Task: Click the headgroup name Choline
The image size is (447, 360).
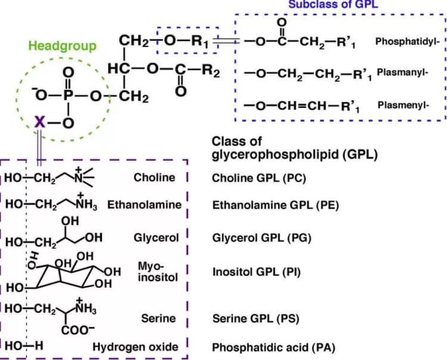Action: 154,177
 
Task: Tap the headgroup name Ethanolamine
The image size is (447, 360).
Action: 144,204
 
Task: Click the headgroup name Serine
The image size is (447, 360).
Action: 158,318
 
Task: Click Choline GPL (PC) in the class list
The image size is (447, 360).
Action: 264,178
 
